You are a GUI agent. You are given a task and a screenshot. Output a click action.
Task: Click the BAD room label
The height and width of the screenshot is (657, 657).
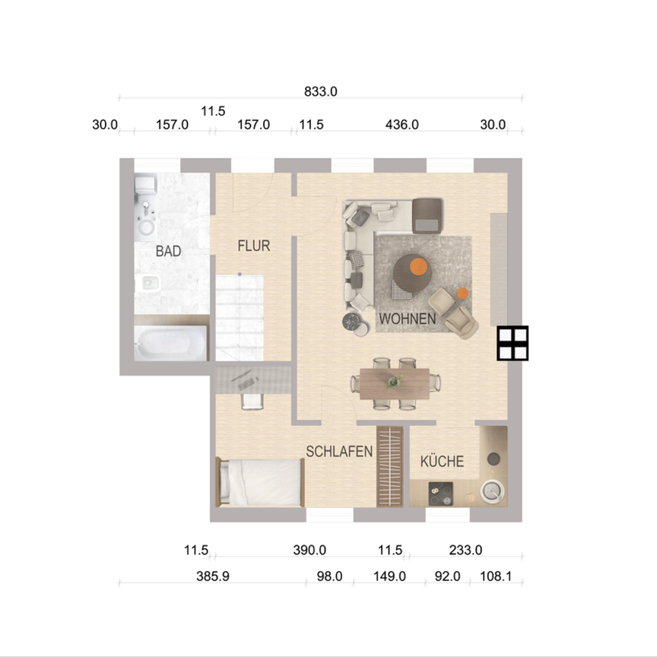[x=168, y=251]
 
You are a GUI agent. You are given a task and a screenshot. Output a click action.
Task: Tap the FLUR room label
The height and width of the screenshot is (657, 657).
[x=254, y=246]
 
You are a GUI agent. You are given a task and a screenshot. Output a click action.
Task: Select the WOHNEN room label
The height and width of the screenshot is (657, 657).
[x=408, y=319]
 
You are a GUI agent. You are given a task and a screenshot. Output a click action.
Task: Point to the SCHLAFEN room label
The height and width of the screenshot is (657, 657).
[x=339, y=451]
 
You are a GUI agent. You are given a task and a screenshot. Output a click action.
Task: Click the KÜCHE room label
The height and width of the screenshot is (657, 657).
[x=442, y=461]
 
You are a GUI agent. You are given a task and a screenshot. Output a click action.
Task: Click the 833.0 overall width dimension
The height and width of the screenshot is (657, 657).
[x=320, y=91]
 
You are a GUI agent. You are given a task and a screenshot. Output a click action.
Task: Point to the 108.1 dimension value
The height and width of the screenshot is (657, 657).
[x=496, y=576]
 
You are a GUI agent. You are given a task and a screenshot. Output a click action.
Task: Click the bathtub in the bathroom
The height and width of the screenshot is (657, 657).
[x=171, y=344]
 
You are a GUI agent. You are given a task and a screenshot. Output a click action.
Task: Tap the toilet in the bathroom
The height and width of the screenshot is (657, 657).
[x=144, y=185]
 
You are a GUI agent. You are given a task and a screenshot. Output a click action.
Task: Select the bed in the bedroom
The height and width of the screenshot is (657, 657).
[x=260, y=482]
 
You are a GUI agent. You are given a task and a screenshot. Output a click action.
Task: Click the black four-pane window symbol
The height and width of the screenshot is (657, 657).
[x=513, y=343]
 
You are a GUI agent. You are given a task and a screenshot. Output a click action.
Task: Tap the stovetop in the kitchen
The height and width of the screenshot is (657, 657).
[x=440, y=494]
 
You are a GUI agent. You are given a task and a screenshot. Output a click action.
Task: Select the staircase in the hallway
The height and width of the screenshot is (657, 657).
[x=239, y=317]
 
